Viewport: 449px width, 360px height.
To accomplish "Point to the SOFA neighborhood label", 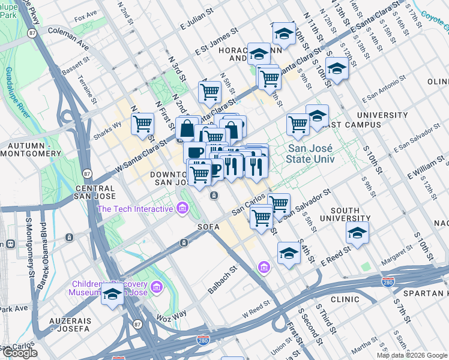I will pyautogui.click(x=208, y=227).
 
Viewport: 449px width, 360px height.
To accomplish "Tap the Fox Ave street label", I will pyautogui.click(x=86, y=13).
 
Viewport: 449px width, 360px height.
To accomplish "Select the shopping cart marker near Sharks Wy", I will pyautogui.click(x=143, y=124).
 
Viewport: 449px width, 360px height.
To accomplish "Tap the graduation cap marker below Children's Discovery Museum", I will pyautogui.click(x=112, y=295).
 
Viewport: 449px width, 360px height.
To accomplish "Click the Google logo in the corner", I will pyautogui.click(x=19, y=353).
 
